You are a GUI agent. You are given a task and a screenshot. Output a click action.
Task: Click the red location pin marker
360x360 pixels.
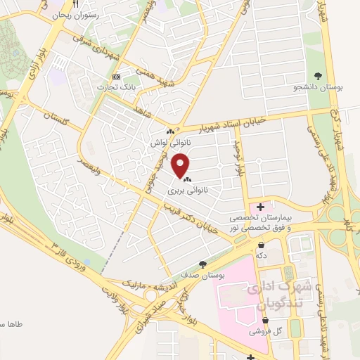tap(181, 166)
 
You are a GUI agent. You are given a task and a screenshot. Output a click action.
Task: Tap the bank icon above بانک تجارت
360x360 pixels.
tap(116, 77)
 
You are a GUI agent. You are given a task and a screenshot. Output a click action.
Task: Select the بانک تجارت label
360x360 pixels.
tap(116, 86)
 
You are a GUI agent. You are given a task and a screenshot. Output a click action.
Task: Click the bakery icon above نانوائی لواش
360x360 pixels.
tap(169, 131)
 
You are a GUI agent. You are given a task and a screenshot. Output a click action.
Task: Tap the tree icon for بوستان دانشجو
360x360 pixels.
tap(318, 77)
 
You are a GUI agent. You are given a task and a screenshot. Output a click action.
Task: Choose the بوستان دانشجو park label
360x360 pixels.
tap(318, 87)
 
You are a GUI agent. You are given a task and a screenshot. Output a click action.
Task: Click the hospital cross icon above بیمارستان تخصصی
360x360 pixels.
tap(261, 207)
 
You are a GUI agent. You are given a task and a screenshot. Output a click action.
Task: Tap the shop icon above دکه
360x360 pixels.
tap(262, 245)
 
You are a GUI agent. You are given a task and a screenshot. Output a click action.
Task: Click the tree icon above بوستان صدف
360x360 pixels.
tap(202, 264)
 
